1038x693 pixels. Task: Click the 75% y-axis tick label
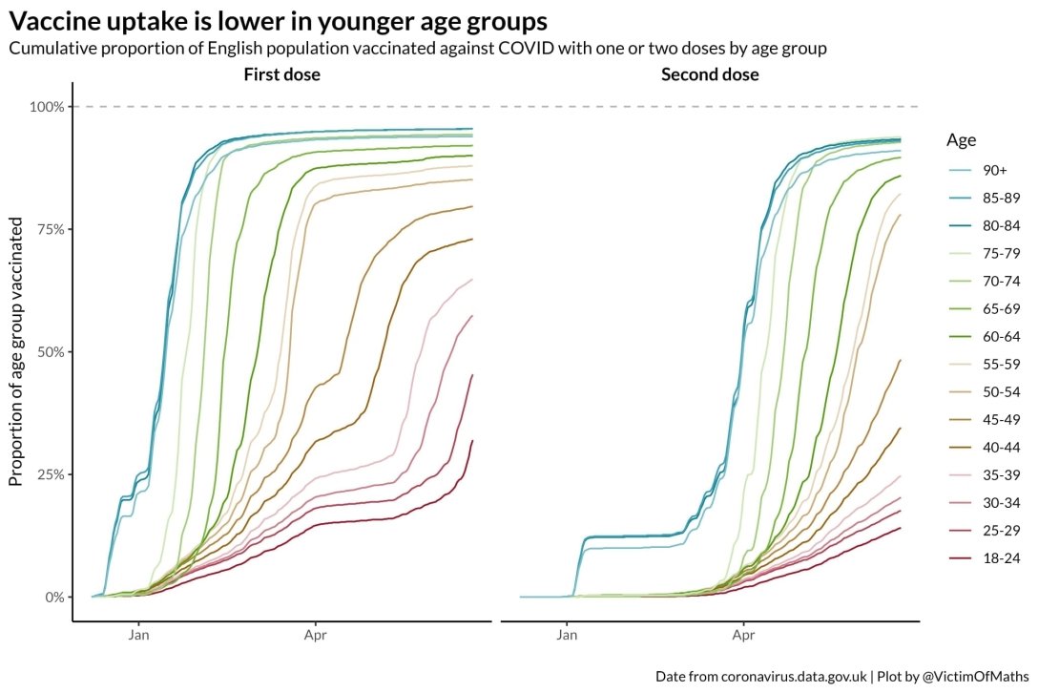pyautogui.click(x=52, y=229)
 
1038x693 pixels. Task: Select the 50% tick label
pyautogui.click(x=52, y=352)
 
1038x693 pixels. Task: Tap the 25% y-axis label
pyautogui.click(x=52, y=474)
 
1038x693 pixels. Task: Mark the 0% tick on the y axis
pyautogui.click(x=54, y=598)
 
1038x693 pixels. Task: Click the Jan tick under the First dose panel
pyautogui.click(x=139, y=633)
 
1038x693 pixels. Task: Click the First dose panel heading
pyautogui.click(x=281, y=74)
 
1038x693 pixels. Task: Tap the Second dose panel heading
pyautogui.click(x=710, y=74)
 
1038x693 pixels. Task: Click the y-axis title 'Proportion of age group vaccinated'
pyautogui.click(x=16, y=351)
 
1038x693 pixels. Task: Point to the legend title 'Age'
pyautogui.click(x=961, y=140)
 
